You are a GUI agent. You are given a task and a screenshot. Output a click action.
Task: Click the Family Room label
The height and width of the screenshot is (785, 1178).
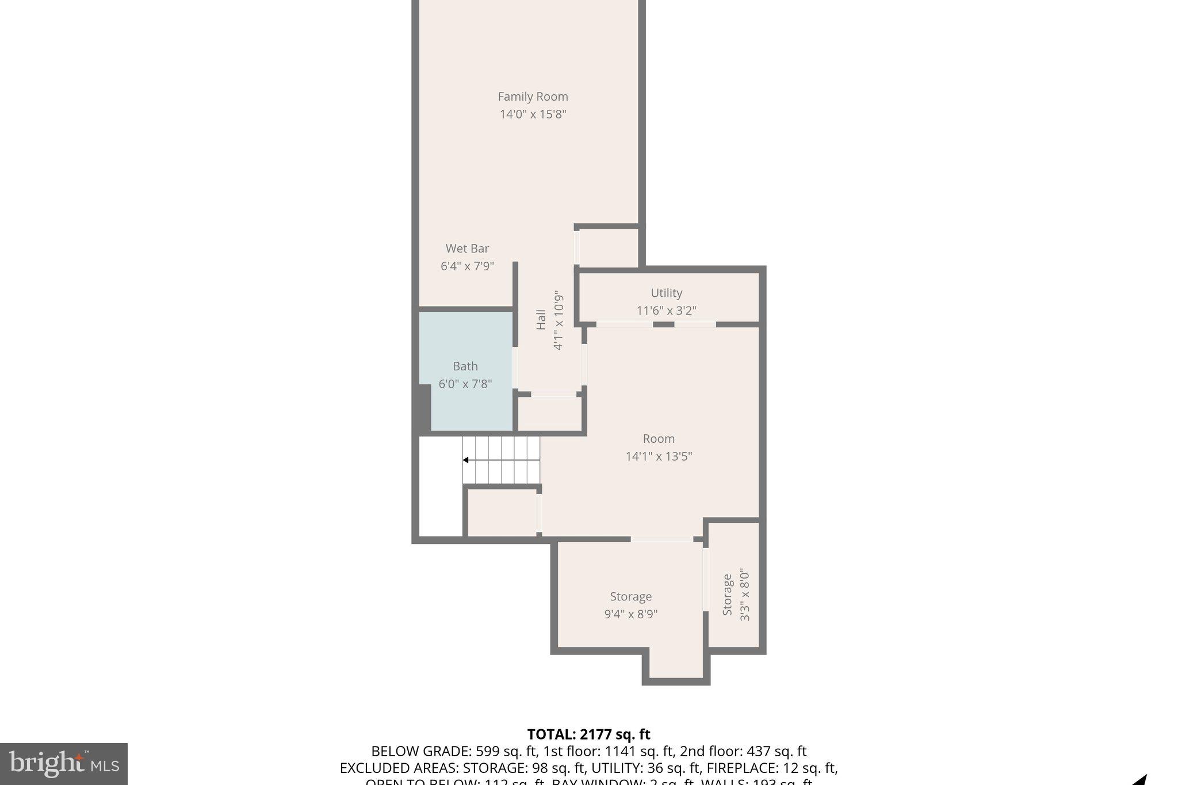click(533, 97)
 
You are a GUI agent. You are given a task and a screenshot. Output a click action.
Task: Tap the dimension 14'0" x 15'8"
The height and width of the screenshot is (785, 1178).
click(533, 114)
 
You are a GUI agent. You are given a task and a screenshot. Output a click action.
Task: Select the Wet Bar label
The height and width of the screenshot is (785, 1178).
click(467, 248)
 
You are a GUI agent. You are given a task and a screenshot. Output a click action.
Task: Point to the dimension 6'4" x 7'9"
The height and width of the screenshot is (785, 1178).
click(467, 266)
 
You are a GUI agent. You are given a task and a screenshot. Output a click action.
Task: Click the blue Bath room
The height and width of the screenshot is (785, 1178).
click(466, 403)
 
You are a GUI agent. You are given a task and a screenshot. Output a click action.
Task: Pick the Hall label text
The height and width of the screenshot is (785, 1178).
click(541, 320)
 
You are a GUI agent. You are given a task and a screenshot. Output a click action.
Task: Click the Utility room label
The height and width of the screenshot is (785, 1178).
click(666, 293)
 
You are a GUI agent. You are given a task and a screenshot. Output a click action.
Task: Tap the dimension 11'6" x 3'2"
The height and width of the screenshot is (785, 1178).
click(666, 311)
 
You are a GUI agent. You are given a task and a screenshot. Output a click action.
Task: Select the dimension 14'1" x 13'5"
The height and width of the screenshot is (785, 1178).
click(659, 456)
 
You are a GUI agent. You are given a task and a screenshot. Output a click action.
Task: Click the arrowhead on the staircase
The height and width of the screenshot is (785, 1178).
click(465, 460)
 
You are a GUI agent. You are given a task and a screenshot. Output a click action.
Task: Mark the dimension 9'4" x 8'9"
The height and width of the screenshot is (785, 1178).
click(630, 614)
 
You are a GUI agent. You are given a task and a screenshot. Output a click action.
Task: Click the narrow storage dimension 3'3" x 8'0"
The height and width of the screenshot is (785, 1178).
click(745, 595)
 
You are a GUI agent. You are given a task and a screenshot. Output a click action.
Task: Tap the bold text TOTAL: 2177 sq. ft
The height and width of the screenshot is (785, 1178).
click(588, 734)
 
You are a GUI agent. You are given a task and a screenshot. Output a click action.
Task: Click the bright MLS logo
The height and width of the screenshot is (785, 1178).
click(64, 764)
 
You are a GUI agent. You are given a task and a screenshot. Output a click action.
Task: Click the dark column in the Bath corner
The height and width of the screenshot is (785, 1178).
click(424, 407)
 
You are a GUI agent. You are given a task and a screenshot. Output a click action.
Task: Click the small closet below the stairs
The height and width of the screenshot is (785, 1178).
click(502, 512)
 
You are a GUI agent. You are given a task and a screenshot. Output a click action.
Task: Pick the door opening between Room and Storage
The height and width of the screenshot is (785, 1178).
click(661, 539)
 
